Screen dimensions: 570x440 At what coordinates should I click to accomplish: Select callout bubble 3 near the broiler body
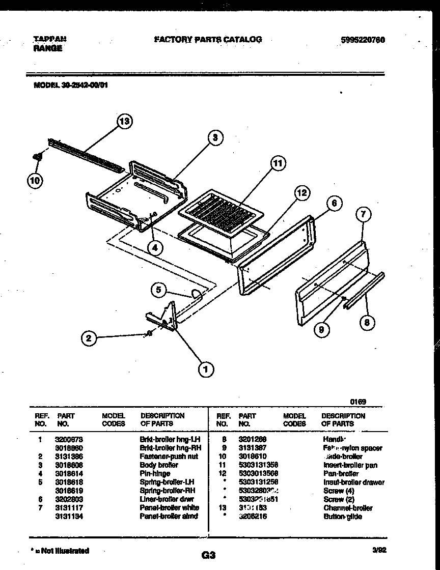(x=215, y=137)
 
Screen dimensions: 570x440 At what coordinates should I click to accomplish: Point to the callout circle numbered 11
(x=277, y=163)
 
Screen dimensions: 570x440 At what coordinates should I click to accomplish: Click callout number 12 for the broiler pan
(x=301, y=192)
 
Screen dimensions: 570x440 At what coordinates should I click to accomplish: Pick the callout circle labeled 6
(x=334, y=204)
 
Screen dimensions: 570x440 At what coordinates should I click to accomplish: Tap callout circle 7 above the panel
(x=363, y=215)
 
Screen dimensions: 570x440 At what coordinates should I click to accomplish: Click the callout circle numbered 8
(x=366, y=322)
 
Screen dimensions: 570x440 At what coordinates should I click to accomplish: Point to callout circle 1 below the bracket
(x=206, y=369)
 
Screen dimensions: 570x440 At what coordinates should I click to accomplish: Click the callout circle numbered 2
(x=90, y=338)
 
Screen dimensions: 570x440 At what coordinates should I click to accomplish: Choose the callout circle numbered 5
(x=159, y=290)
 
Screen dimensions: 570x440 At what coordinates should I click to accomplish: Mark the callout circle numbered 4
(x=155, y=248)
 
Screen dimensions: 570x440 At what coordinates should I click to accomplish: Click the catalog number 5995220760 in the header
(x=361, y=39)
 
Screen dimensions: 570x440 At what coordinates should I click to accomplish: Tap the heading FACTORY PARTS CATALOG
(x=207, y=39)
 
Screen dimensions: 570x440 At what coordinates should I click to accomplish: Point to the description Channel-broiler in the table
(x=348, y=508)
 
